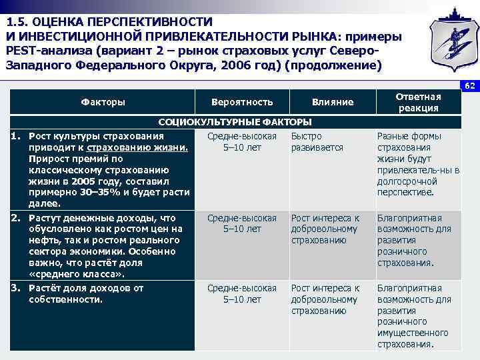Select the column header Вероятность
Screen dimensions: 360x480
[x=241, y=102]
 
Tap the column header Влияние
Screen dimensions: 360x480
[x=332, y=102]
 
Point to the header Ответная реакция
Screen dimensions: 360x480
[x=418, y=102]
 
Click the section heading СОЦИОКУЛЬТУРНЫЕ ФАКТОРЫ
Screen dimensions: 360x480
[x=235, y=122]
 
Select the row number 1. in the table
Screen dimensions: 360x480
[x=17, y=136]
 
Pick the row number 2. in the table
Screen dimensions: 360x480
[x=17, y=218]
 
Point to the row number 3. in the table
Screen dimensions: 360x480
[x=17, y=288]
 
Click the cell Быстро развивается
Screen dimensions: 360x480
[x=317, y=141]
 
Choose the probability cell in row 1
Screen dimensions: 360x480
[x=242, y=141]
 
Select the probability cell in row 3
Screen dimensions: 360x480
[x=242, y=293]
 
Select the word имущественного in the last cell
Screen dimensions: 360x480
[x=413, y=333]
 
